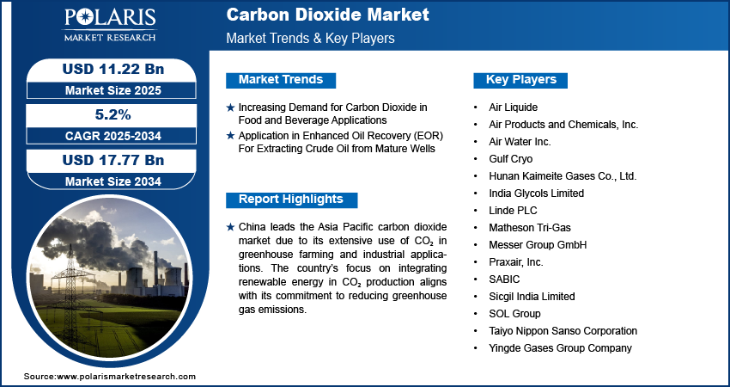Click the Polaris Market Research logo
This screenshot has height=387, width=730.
[x=110, y=24]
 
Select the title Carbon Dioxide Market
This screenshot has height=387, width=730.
[x=328, y=15]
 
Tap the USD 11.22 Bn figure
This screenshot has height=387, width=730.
[x=113, y=69]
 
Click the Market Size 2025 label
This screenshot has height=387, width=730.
[x=113, y=90]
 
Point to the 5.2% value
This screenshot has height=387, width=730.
[x=113, y=114]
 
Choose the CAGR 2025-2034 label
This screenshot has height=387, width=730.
[x=113, y=136]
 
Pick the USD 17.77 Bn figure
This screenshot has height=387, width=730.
[x=113, y=160]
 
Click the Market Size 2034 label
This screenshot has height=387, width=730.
[x=113, y=181]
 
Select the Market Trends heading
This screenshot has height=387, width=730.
[x=281, y=80]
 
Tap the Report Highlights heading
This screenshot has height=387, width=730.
[x=291, y=200]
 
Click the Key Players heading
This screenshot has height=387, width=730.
[x=521, y=80]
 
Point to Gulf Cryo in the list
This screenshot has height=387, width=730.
[x=510, y=159]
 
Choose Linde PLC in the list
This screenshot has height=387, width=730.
[x=513, y=211]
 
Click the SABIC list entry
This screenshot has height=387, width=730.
[x=504, y=279]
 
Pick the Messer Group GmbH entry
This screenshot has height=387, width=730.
[x=538, y=245]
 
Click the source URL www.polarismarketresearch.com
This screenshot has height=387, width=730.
[x=125, y=377]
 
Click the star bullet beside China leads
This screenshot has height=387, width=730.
[x=230, y=227]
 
